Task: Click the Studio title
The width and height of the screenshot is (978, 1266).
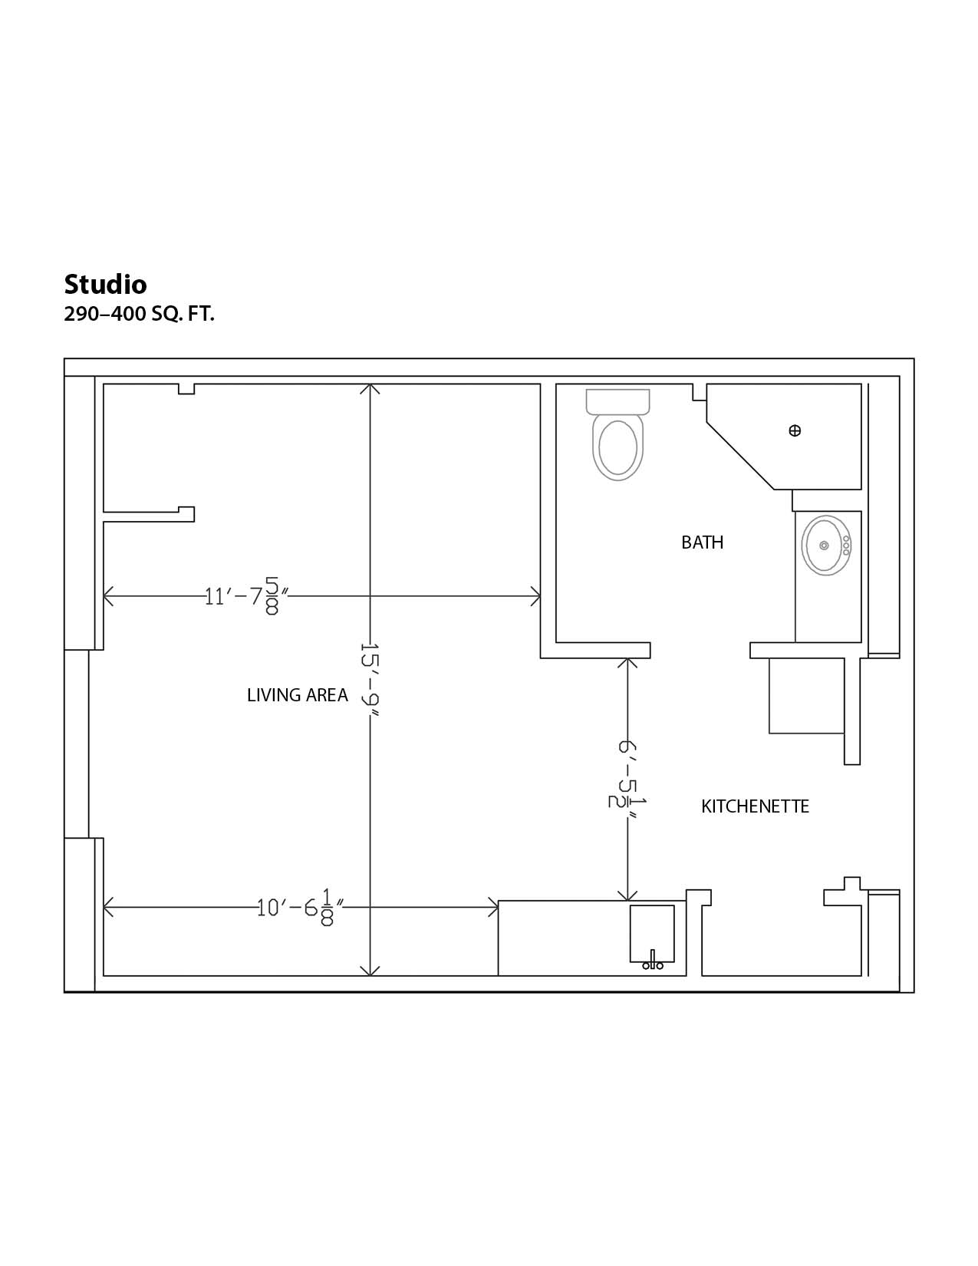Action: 105,285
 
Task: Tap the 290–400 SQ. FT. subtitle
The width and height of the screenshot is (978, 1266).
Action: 139,315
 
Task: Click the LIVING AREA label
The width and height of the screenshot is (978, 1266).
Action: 298,695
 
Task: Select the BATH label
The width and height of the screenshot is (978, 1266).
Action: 703,542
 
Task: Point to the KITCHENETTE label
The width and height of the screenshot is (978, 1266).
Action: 755,806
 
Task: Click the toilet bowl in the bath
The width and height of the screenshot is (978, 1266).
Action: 618,447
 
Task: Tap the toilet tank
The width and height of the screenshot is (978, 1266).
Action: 618,401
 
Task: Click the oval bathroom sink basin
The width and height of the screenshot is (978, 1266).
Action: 826,546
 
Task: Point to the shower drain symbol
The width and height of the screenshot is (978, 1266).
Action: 795,430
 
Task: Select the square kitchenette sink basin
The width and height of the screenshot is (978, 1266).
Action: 653,933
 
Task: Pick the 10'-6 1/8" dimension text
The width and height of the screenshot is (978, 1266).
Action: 300,907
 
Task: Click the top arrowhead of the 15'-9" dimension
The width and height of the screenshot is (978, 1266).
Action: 370,385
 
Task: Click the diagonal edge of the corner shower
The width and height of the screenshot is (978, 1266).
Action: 740,456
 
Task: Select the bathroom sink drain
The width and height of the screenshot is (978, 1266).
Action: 825,546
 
